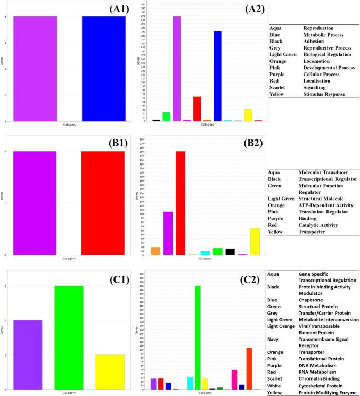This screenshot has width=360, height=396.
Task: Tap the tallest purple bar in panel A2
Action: pos(177,69)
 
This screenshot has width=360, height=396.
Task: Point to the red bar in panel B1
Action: pos(103,203)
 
